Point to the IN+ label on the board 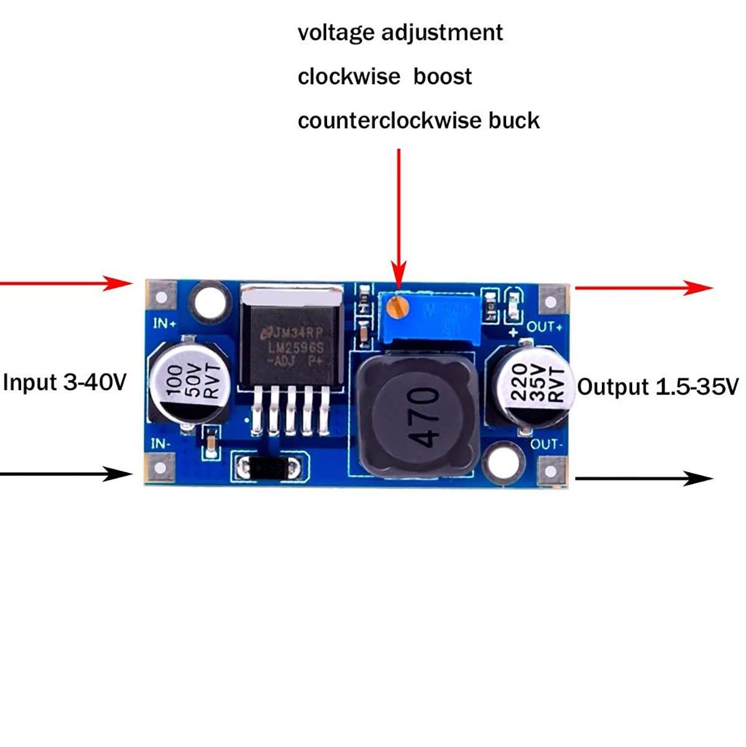click(165, 324)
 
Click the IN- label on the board click(161, 443)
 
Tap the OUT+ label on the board click(545, 327)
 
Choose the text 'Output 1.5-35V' click(658, 387)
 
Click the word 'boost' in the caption click(443, 77)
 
